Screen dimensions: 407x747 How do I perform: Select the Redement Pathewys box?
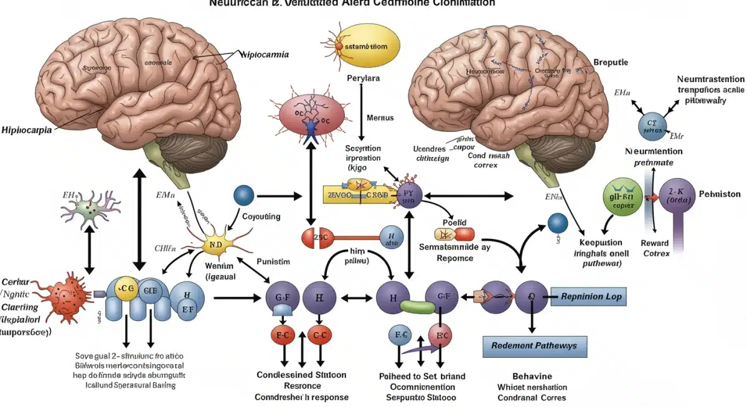pos(533,345)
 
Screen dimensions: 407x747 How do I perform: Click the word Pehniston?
pos(720,194)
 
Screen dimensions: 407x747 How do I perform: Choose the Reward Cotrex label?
pos(655,248)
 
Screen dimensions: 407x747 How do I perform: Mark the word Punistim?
pos(273,262)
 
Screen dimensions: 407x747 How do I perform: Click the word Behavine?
pos(532,377)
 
